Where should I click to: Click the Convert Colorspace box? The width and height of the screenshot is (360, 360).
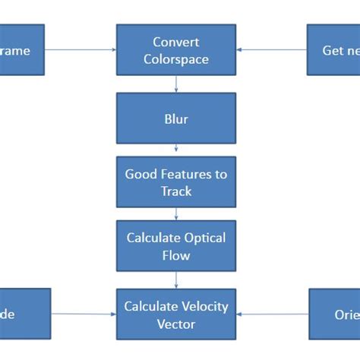click(176, 49)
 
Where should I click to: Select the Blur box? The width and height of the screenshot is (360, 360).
click(176, 118)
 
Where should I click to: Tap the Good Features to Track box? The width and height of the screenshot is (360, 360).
click(176, 182)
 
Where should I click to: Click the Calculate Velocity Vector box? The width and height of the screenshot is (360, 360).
click(176, 314)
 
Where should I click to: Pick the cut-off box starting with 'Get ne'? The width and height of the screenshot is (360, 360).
click(333, 50)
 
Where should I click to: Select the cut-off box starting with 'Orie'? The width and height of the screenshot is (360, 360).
click(334, 314)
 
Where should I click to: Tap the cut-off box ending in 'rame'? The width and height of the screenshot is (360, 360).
click(22, 50)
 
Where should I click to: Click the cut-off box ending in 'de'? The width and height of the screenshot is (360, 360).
click(25, 314)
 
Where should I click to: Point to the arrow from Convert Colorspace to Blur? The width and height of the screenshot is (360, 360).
click(176, 84)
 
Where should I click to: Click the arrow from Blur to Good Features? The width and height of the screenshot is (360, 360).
click(176, 150)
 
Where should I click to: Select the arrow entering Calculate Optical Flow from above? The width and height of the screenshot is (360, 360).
click(176, 214)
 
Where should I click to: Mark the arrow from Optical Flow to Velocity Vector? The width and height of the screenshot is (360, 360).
click(176, 280)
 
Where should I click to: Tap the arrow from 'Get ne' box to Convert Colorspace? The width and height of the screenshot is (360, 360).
click(272, 50)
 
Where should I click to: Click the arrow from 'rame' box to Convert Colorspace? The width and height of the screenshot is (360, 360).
click(80, 50)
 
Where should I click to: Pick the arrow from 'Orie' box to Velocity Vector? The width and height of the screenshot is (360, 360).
click(273, 314)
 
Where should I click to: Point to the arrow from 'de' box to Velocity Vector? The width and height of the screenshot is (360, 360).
click(84, 314)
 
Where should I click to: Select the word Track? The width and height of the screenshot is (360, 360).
click(176, 191)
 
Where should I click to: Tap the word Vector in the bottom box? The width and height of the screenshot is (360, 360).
click(176, 324)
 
